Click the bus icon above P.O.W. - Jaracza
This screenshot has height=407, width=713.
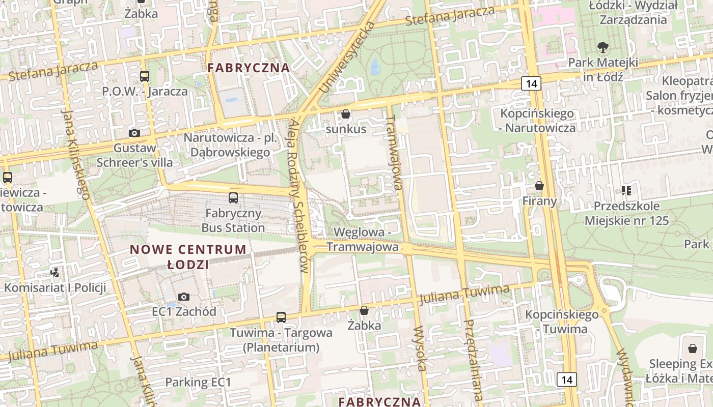[145, 76]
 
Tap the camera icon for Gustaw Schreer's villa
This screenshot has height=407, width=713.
[134, 133]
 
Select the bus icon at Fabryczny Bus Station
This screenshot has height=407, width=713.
[233, 198]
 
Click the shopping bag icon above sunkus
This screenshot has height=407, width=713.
[346, 114]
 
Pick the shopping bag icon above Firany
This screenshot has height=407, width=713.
[539, 186]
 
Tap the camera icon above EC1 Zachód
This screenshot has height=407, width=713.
[184, 297]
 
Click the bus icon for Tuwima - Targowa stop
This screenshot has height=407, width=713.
[281, 317]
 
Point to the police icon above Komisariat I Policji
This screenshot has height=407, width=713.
[55, 273]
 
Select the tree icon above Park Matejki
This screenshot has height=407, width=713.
[603, 47]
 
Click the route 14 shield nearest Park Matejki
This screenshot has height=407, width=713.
[531, 83]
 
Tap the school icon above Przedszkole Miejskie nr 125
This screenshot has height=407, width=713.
[626, 191]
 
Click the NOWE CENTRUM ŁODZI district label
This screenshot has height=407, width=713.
[188, 257]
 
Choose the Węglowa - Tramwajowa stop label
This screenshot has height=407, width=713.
[362, 240]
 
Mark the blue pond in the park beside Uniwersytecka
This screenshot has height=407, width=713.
[375, 67]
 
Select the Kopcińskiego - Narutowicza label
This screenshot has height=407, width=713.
[537, 121]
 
